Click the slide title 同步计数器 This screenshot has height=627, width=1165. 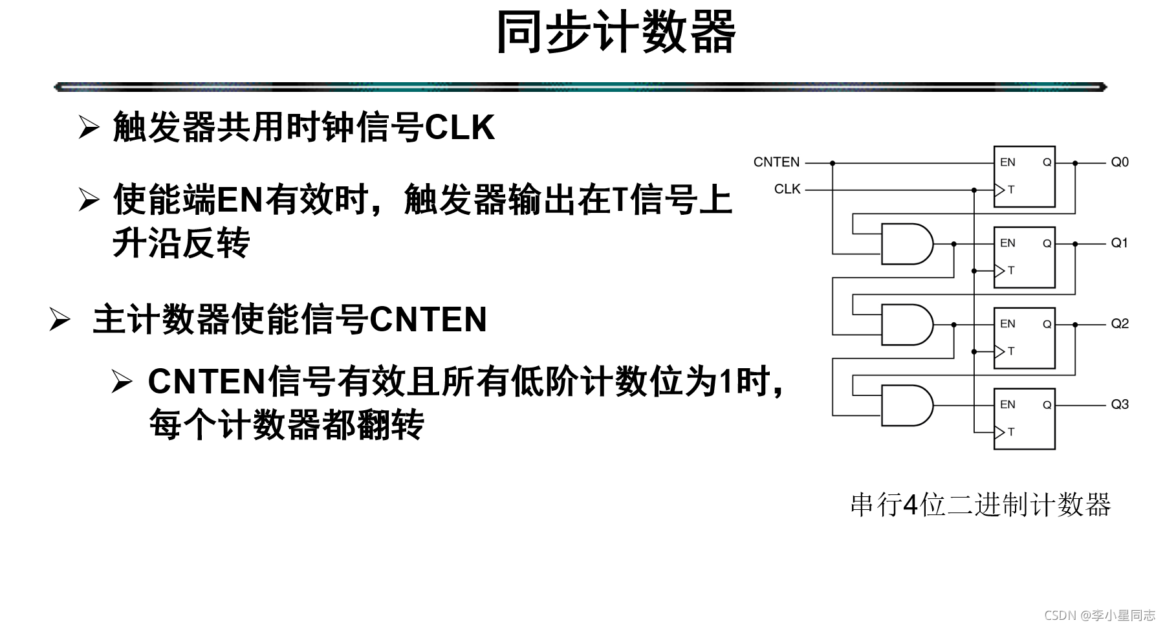click(x=615, y=32)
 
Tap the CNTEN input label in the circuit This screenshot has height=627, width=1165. click(x=776, y=162)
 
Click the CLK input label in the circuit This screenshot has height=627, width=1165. click(x=787, y=189)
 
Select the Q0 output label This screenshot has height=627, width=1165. click(x=1120, y=162)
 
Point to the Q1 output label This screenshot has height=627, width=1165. click(x=1119, y=243)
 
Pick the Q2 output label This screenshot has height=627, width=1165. click(x=1120, y=324)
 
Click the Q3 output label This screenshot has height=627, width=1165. click(x=1120, y=404)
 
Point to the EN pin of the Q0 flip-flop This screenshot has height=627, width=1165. click(x=1008, y=162)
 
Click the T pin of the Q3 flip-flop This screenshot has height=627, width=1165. click(x=1011, y=432)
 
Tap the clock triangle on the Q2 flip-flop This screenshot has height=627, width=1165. click(x=999, y=351)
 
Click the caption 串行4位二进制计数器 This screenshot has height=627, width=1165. click(x=980, y=505)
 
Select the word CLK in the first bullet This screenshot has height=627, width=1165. click(x=460, y=127)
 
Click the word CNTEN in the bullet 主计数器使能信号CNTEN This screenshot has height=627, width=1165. click(x=428, y=320)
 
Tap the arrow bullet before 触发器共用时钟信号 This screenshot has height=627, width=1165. click(x=89, y=127)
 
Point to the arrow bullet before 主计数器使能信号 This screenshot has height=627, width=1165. click(x=60, y=320)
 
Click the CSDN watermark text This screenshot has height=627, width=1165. click(x=1100, y=615)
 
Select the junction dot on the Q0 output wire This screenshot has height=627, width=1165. click(x=1075, y=163)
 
